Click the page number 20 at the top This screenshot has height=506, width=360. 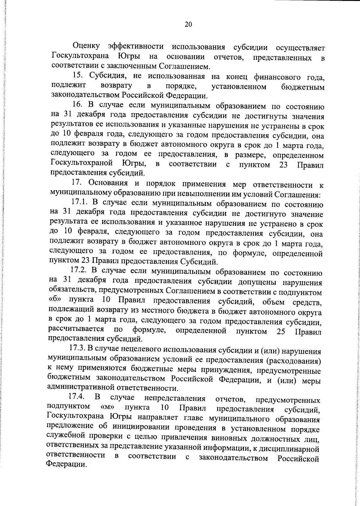coord(188,25)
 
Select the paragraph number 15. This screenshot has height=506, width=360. coord(78,76)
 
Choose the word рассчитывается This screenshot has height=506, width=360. coord(76,330)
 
